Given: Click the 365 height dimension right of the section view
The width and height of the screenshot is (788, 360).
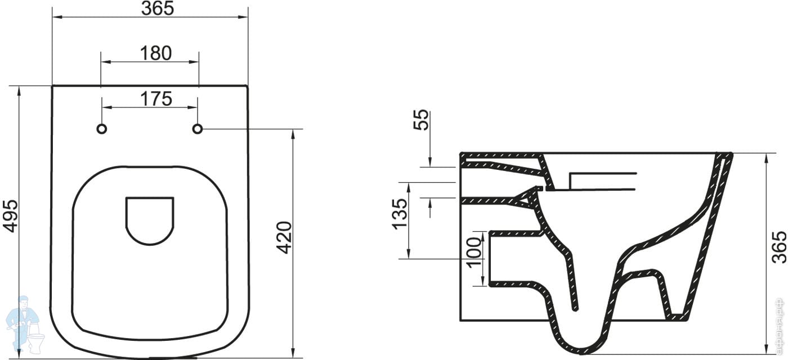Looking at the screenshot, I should [x=778, y=247].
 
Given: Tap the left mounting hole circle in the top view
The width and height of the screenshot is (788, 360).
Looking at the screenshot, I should [x=102, y=129].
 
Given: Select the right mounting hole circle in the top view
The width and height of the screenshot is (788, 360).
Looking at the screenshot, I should [x=197, y=129].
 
